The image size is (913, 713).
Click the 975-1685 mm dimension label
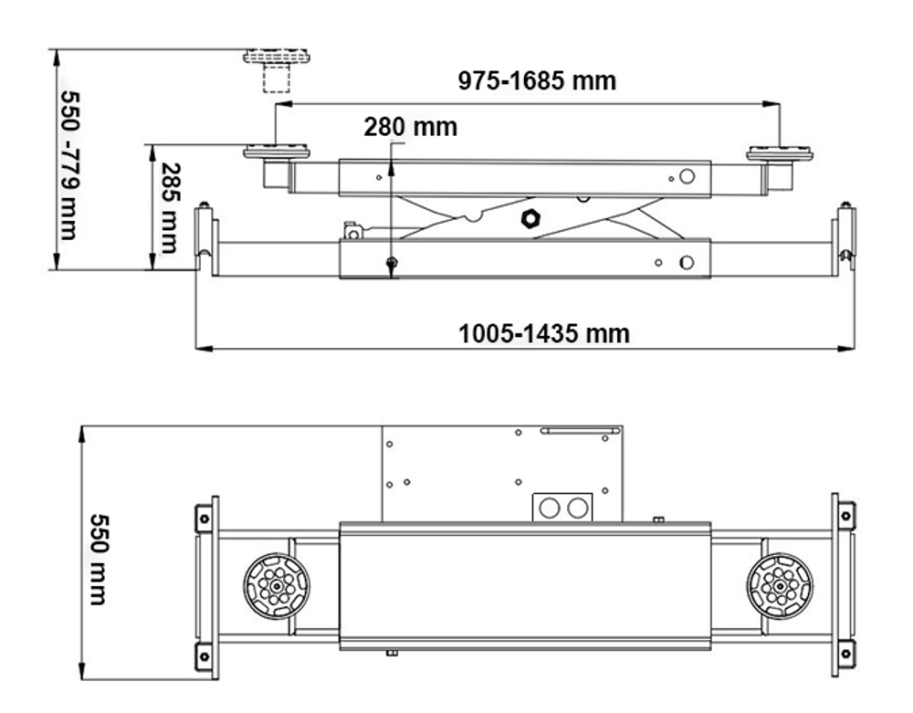[537, 81]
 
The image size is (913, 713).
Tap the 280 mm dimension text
[410, 126]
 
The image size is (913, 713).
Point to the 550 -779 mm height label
[69, 164]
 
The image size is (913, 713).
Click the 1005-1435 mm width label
[543, 333]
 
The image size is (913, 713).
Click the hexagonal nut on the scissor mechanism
[529, 218]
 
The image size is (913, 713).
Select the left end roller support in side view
[206, 239]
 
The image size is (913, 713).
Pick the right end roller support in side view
[845, 239]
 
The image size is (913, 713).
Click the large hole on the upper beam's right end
[687, 177]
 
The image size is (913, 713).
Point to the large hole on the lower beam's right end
[687, 263]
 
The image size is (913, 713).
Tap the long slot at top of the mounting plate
[574, 430]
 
